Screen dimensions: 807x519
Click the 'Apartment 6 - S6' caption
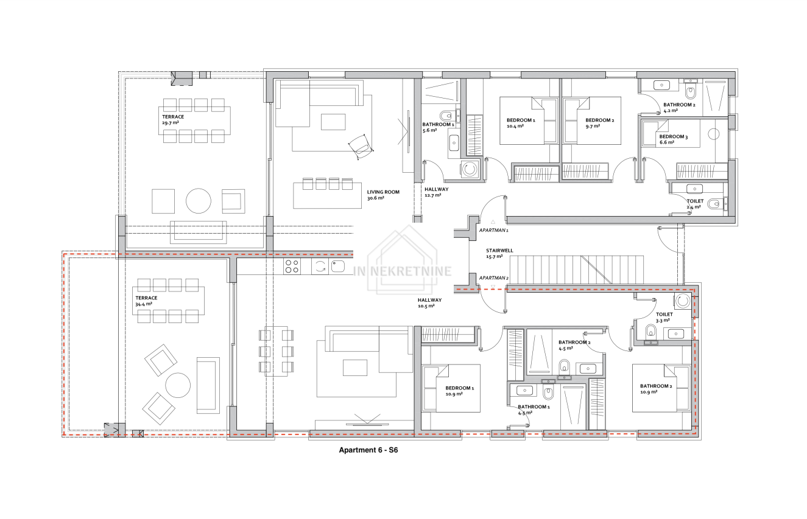click(x=368, y=450)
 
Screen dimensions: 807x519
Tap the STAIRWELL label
click(x=499, y=251)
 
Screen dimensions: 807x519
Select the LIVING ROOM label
click(x=383, y=192)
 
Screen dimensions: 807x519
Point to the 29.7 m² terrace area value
click(x=171, y=123)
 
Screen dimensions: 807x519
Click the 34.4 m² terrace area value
click(x=144, y=304)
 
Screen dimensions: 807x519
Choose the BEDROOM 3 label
click(x=674, y=137)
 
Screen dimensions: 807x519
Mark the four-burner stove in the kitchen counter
click(x=292, y=266)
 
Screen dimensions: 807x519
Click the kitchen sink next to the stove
click(x=337, y=266)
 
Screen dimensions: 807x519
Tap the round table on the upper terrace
click(x=199, y=201)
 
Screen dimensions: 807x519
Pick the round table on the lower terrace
click(x=178, y=385)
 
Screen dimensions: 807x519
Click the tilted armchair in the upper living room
click(x=361, y=147)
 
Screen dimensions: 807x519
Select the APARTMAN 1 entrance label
click(x=493, y=231)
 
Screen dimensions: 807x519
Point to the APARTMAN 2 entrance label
click(x=493, y=278)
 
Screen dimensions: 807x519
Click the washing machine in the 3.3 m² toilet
click(x=683, y=301)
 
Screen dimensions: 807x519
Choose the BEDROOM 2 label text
click(x=599, y=120)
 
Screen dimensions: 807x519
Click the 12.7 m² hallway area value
click(x=432, y=195)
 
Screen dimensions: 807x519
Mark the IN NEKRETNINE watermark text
click(x=402, y=271)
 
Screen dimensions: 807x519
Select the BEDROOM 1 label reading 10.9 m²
click(x=460, y=388)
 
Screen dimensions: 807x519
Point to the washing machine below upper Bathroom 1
click(x=470, y=169)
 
